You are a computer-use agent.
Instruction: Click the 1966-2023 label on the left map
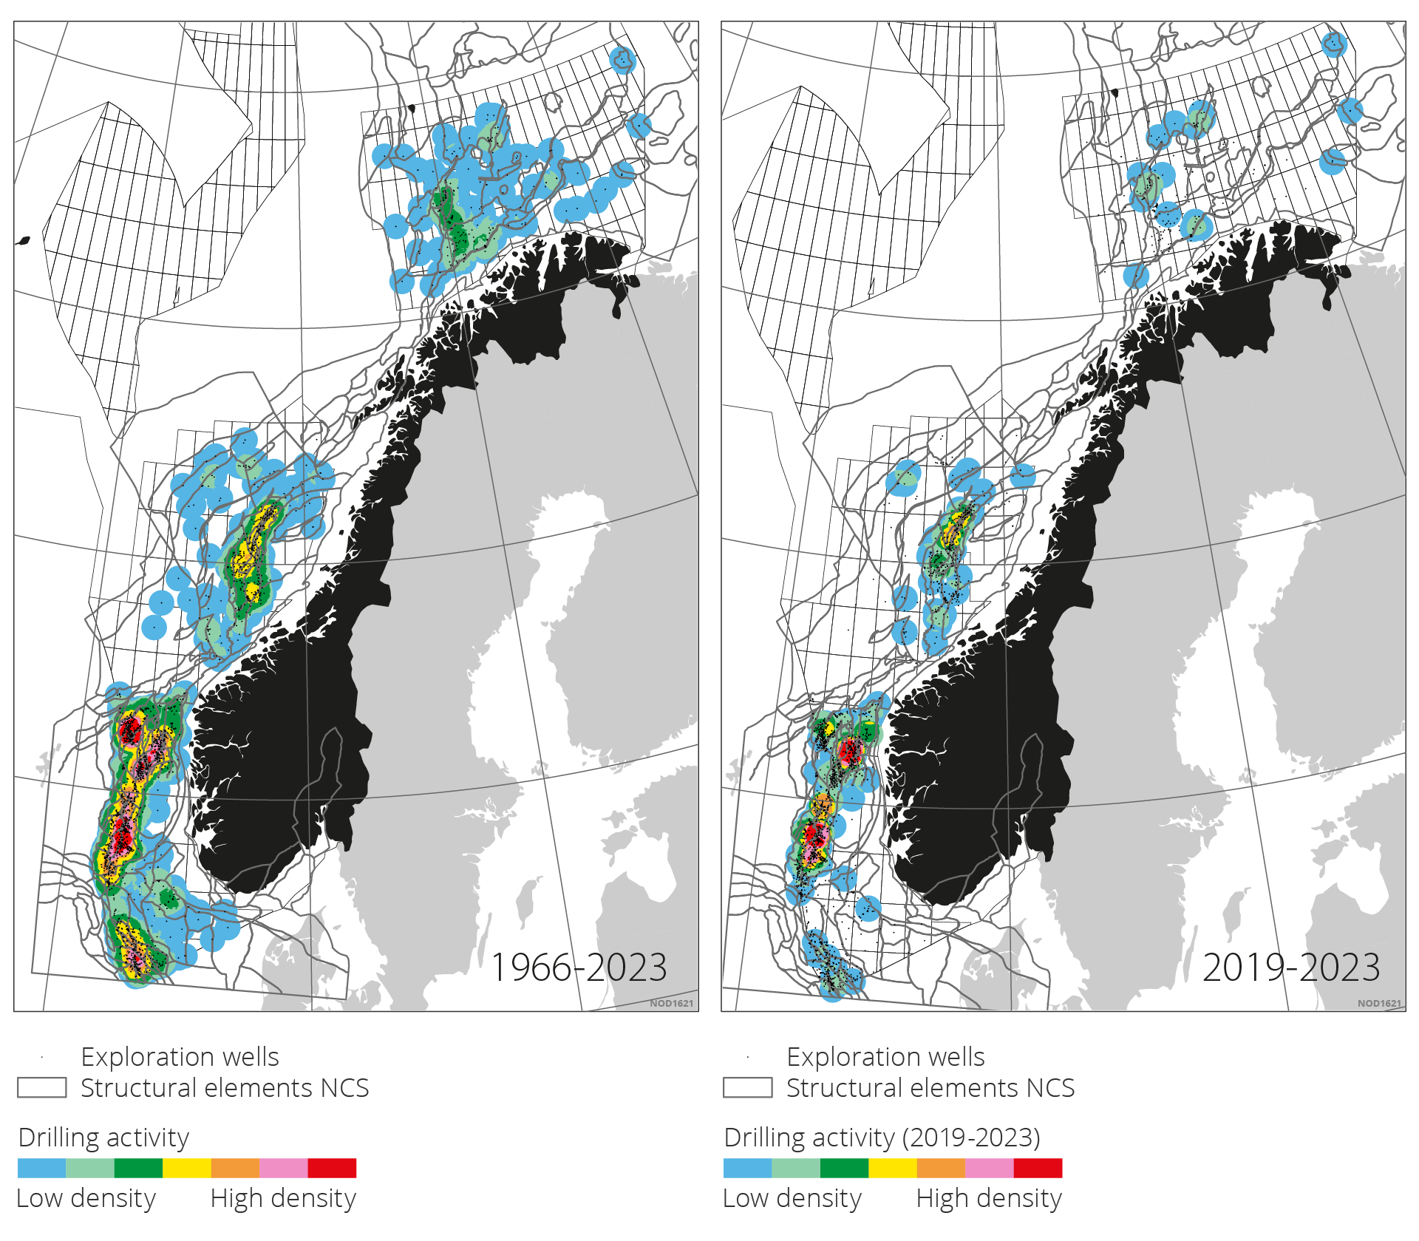coord(579,968)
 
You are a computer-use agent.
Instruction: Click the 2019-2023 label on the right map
coord(1291,968)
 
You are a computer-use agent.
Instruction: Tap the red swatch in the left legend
coord(332,1168)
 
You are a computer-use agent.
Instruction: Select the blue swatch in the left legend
coord(41,1168)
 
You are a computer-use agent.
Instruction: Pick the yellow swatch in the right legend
coord(892,1168)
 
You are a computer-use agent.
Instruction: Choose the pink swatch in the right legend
coord(989,1168)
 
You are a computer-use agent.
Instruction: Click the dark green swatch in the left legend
coord(138,1168)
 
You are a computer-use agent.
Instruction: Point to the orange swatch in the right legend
coord(940,1168)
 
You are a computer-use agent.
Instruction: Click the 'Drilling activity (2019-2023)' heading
coord(882,1138)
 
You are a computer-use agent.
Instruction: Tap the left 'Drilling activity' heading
coord(103,1138)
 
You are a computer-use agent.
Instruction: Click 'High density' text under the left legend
coord(283,1198)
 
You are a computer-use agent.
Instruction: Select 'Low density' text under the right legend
coord(792,1198)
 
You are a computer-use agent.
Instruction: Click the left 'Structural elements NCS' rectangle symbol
coord(42,1088)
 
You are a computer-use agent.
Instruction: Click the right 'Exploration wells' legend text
coord(885,1057)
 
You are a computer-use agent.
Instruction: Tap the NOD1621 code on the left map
coord(671,1003)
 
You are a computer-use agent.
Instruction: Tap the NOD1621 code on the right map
coord(1379,1003)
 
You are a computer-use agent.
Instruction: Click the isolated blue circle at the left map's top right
coord(622,59)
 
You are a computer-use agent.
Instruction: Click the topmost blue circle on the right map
coord(1334,44)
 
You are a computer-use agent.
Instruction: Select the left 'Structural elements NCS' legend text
coord(225,1088)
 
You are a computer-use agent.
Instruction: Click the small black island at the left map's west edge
coord(23,241)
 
